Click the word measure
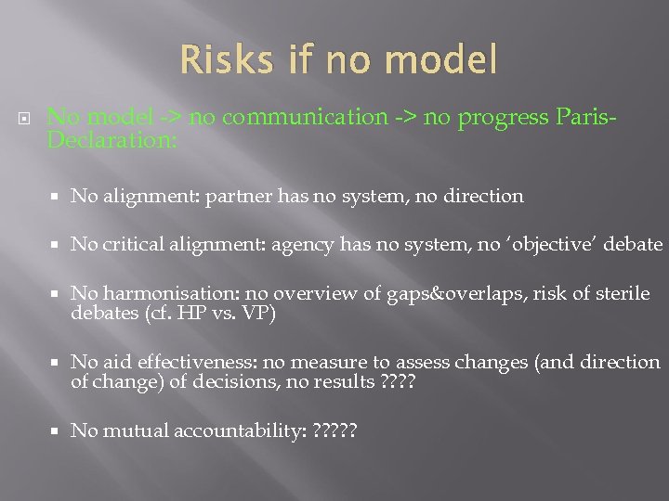click(345, 363)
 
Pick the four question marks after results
click(399, 381)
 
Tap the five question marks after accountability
click(335, 431)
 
